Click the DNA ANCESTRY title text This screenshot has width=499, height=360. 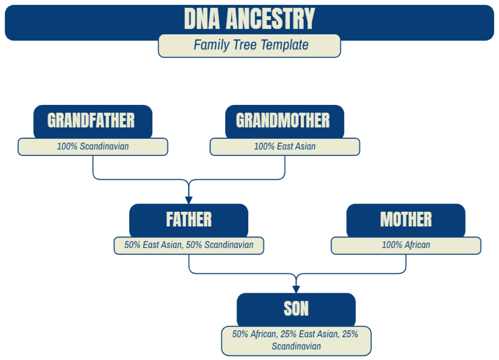pos(249,19)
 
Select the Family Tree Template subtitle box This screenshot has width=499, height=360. pos(249,45)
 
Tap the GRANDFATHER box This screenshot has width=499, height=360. pos(93,121)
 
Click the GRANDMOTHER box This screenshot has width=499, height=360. pos(284,121)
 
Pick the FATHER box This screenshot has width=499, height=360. pos(189,220)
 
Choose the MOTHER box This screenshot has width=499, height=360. pos(406,220)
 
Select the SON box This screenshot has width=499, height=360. pos(296,309)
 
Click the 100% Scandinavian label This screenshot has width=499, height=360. pos(93,146)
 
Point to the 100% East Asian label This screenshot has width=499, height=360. pos(284,146)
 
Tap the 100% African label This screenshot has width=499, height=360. pos(406,245)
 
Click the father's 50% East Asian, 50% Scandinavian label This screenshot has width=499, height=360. pos(189,245)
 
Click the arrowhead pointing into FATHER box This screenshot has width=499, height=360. pos(189,199)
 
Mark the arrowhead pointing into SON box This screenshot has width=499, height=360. pos(296,289)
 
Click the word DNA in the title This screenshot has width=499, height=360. pos(201,19)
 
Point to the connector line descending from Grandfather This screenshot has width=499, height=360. pos(93,166)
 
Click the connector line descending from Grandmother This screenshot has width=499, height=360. pos(285,166)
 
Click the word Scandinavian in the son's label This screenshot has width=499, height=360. pos(296,346)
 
